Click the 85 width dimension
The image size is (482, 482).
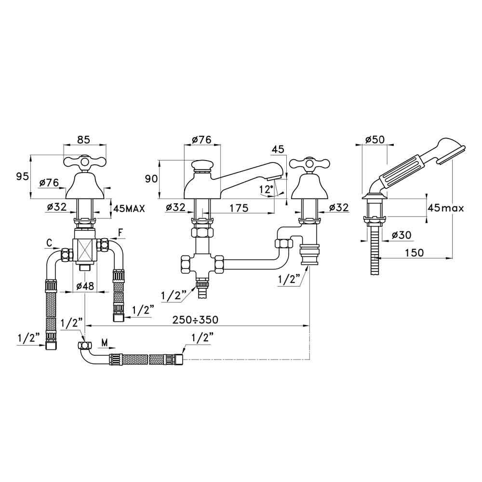click(x=83, y=140)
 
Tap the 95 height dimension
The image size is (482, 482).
click(x=23, y=177)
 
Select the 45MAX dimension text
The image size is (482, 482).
click(x=129, y=209)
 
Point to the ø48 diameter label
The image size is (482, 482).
click(x=85, y=286)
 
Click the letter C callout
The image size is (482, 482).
click(x=49, y=243)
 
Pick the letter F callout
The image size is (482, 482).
click(x=121, y=233)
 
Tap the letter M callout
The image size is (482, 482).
click(x=105, y=343)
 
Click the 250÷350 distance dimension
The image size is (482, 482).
click(x=195, y=320)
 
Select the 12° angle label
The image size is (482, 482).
click(x=266, y=189)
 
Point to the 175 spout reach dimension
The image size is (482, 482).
click(x=239, y=208)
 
